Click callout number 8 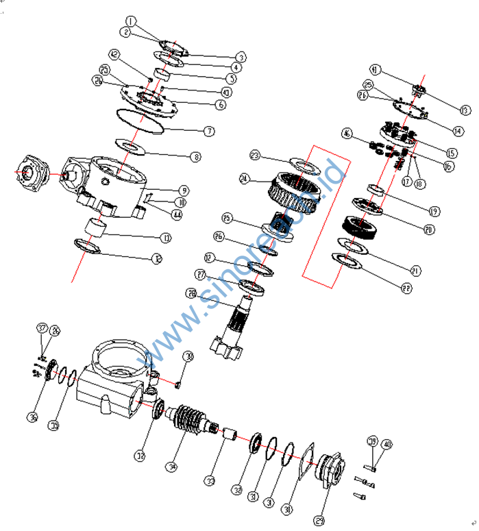click(197, 157)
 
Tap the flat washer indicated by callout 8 click(131, 146)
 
